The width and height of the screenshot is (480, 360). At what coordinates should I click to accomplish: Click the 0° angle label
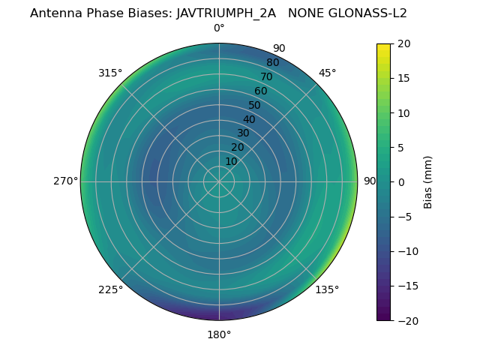tap(219, 28)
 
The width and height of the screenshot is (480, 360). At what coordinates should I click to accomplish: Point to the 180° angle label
tap(219, 334)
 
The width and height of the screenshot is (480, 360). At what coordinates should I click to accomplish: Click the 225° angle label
tap(110, 289)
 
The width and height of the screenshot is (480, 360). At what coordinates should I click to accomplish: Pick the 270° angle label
tap(65, 181)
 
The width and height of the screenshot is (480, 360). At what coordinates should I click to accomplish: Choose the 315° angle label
tap(110, 73)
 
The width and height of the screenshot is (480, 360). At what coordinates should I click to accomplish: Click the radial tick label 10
tap(232, 161)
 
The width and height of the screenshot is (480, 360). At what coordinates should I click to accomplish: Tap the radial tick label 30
tap(243, 133)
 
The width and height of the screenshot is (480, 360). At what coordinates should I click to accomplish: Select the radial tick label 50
tap(255, 105)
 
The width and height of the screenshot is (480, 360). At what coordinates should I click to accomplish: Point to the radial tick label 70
tap(266, 76)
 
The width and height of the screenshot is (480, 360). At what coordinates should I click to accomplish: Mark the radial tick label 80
tap(272, 62)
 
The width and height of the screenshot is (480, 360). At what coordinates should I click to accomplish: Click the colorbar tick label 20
tap(403, 43)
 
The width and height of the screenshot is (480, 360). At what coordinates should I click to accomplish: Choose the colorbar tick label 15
tap(403, 78)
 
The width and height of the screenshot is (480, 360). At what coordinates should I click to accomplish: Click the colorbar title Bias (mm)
tap(428, 182)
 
